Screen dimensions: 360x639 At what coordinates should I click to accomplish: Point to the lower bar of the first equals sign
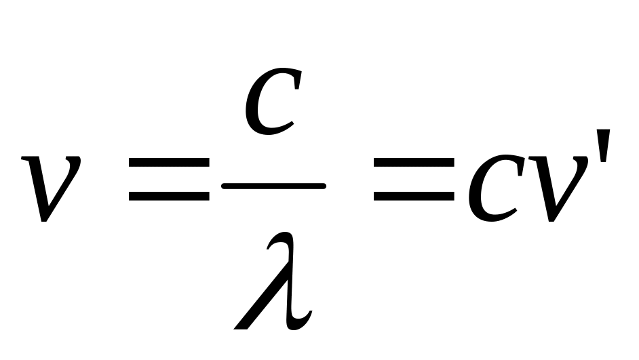(x=169, y=197)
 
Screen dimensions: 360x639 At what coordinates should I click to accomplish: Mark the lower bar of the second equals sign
(x=414, y=197)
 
